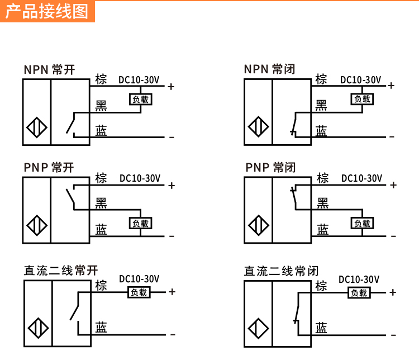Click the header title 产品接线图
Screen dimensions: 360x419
[47, 11]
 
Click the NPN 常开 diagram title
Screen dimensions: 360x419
[49, 70]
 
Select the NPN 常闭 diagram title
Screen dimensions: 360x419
[270, 69]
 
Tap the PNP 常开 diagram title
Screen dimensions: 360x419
[49, 168]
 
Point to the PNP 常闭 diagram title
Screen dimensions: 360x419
[270, 168]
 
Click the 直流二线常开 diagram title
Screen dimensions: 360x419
[61, 271]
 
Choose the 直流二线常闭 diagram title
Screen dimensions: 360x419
[281, 271]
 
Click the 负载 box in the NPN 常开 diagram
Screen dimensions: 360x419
[141, 100]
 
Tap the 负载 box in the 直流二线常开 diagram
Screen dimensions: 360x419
[139, 292]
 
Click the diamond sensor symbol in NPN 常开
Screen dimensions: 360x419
[37, 128]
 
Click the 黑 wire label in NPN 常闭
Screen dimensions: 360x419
[321, 105]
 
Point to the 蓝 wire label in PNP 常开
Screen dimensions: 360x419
[101, 229]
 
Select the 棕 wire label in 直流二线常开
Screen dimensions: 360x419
[101, 285]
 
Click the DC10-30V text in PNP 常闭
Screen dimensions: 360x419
[361, 178]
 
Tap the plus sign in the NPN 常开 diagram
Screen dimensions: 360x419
[172, 87]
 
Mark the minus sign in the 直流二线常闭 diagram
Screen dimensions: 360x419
[393, 334]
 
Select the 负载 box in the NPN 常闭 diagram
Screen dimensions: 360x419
[362, 99]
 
